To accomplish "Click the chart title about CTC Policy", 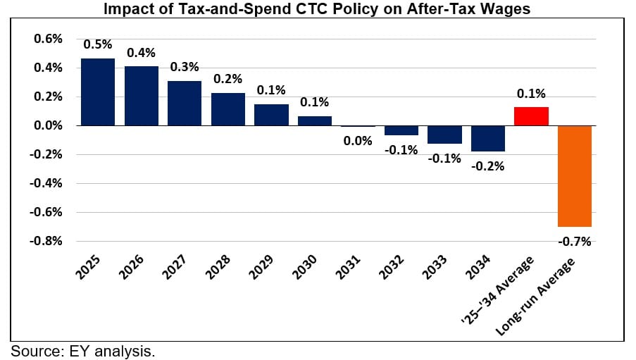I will [318, 9].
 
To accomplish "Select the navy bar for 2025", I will [98, 92].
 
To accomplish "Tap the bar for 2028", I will [228, 109].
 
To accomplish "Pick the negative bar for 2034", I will [488, 138].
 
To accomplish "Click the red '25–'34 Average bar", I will [531, 116].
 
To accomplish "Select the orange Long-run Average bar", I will [575, 176].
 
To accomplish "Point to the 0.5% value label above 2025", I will [98, 44].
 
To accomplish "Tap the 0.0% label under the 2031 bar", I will [358, 141].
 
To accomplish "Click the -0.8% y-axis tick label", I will [47, 241].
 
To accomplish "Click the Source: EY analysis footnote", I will [82, 351].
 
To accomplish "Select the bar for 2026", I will [142, 96].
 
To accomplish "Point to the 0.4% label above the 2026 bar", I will [142, 53].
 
